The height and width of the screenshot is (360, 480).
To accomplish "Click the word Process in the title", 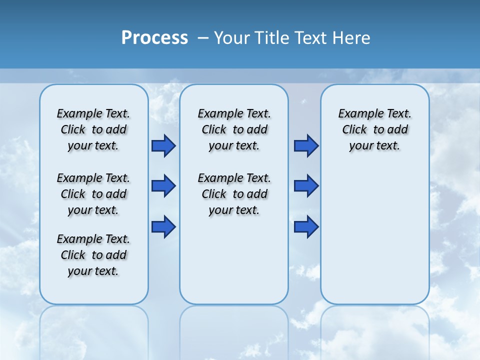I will coord(154,38).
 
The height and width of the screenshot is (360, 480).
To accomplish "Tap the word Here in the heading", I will coord(352,38).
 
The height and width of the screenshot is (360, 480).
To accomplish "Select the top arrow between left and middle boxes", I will coord(163,145).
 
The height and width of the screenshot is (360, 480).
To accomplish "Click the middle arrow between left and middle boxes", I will coord(163,186).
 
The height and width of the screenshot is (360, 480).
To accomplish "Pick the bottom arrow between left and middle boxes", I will coord(163,226).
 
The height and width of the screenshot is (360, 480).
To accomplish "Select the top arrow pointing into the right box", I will coord(306,145).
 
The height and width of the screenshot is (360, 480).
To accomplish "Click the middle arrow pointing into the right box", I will coord(306,186).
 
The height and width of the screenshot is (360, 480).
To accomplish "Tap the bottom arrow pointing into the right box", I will coord(306,226).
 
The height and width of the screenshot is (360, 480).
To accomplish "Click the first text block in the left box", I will coord(93,129).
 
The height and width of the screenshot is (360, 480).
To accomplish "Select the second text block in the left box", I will coord(93,194).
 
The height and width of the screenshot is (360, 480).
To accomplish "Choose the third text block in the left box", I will coord(93,255).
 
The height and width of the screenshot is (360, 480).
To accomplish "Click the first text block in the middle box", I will coord(234,129).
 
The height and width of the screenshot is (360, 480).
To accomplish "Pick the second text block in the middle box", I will coord(234,194).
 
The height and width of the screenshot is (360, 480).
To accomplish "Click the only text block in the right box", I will coord(374,129).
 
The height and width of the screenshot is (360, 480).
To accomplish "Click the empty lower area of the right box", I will coord(374,235).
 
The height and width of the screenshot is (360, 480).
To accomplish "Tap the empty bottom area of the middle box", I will coord(234,265).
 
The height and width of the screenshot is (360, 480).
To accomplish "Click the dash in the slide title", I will coord(203,38).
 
